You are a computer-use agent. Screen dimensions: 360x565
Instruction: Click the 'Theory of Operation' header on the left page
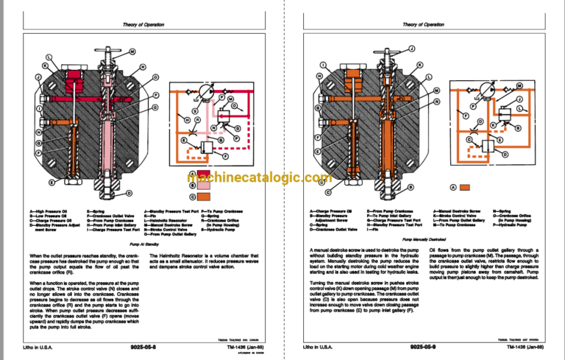(x=136, y=24)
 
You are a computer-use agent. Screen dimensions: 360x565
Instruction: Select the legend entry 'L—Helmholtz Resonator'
(x=174, y=219)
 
